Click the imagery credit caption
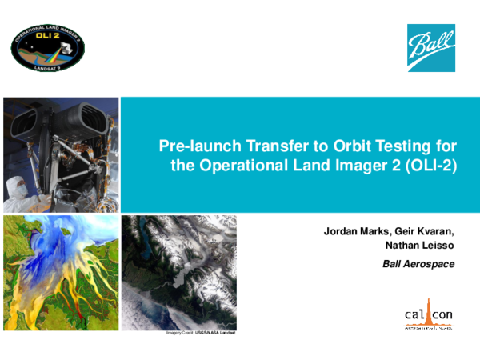203,331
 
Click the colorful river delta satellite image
61,271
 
